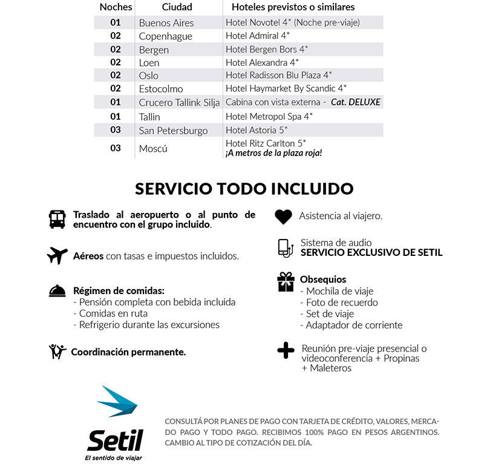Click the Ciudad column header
(x=177, y=7)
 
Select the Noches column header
(x=115, y=7)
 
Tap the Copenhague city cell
(x=165, y=36)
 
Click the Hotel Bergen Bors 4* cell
(x=266, y=50)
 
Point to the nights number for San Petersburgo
(x=115, y=130)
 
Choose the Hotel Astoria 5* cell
(x=256, y=130)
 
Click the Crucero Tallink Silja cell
(x=179, y=102)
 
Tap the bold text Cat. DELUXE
(x=356, y=102)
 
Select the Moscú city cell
(x=153, y=148)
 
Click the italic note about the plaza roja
(x=273, y=154)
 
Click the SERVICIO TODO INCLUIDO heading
(x=244, y=188)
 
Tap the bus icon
(x=57, y=219)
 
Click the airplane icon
(x=57, y=256)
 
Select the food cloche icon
(x=57, y=292)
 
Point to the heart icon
(x=283, y=216)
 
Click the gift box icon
(x=285, y=282)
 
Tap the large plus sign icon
(x=285, y=351)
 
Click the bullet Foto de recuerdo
(x=342, y=302)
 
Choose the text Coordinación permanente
(x=128, y=351)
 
